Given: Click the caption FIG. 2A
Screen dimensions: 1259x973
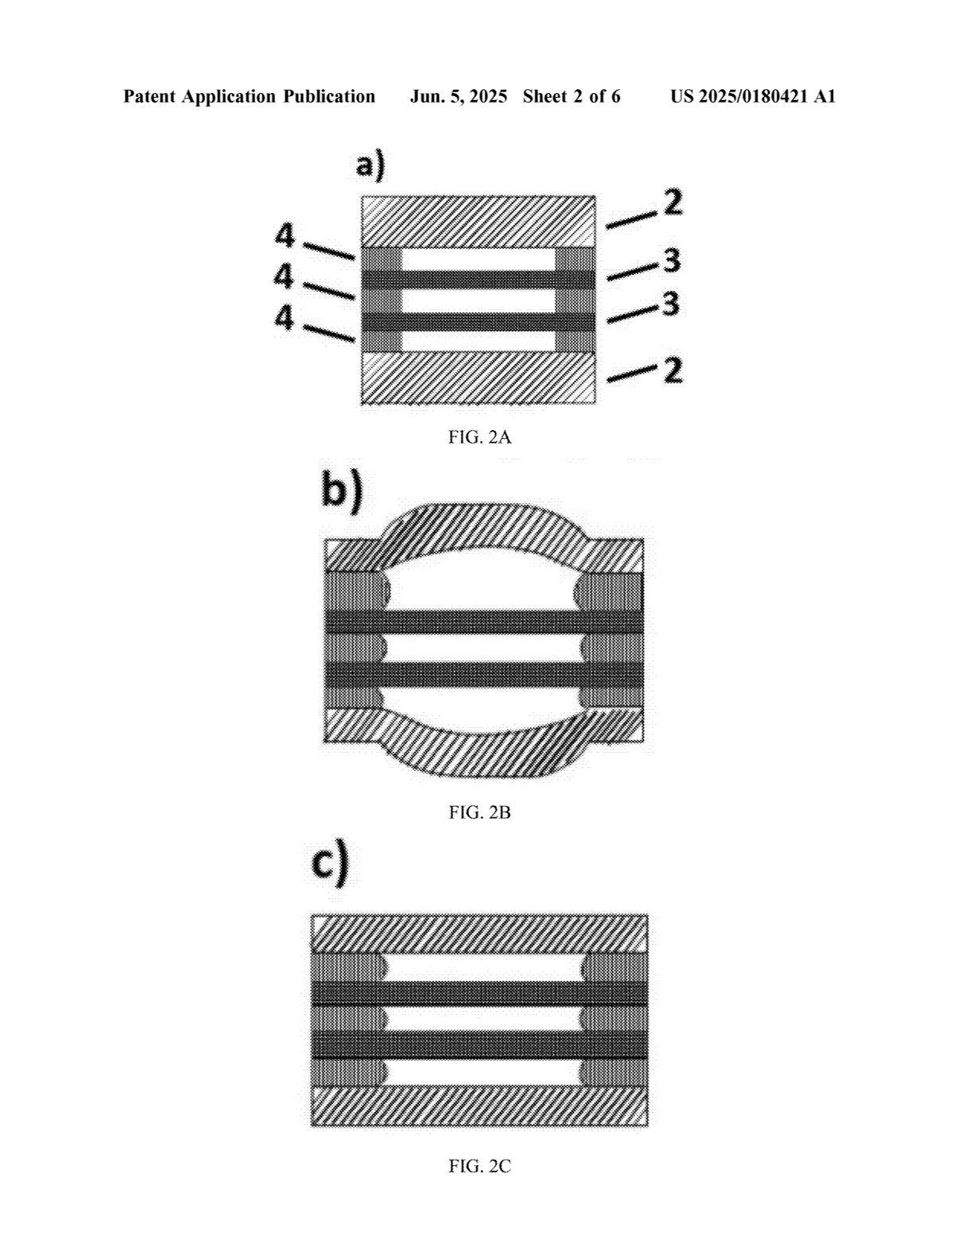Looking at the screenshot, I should (479, 436).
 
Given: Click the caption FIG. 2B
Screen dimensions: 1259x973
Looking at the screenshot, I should (479, 812).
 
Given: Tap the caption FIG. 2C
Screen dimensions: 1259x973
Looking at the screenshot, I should (479, 1166).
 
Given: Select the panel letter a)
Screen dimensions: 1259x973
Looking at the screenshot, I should (370, 166).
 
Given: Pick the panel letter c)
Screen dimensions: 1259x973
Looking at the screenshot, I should (329, 864).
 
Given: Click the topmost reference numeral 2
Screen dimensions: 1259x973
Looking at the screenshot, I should (673, 203).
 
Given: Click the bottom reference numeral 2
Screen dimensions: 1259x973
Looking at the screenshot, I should (673, 370).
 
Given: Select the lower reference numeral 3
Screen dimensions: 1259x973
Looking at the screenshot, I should (671, 304).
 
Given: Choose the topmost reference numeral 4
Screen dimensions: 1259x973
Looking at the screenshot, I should (285, 236).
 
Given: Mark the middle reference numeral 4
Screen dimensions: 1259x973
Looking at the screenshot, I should (284, 277).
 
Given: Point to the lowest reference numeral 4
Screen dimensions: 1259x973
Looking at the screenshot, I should (284, 318).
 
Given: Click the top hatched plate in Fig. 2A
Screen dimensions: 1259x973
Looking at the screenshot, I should (478, 221).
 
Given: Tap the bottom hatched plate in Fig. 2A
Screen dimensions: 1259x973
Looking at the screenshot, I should (478, 378).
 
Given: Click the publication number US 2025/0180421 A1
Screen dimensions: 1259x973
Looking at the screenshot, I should (752, 97).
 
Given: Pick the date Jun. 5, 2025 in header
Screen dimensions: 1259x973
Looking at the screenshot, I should (459, 97).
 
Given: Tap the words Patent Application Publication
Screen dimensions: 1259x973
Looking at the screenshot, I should (249, 97).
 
